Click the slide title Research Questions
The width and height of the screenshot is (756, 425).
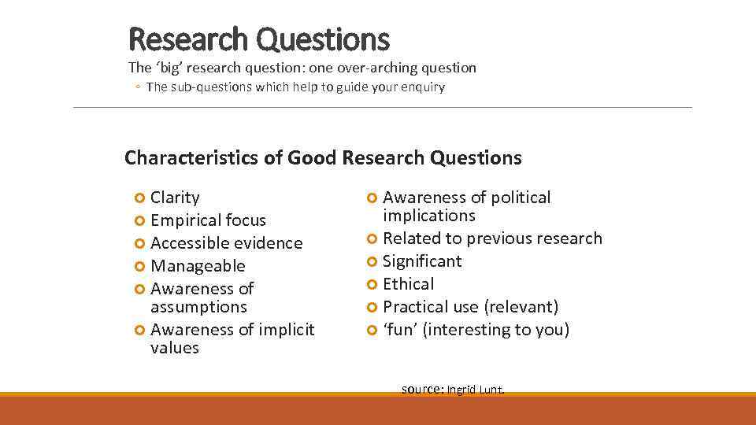tap(258, 39)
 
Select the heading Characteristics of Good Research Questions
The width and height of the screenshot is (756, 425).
tap(323, 158)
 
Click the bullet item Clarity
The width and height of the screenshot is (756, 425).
tap(175, 198)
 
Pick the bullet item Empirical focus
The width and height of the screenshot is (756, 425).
tap(208, 220)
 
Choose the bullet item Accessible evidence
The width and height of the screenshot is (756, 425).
tap(226, 243)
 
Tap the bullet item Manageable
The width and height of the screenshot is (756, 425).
tap(198, 266)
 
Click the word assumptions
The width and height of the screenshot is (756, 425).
tap(198, 307)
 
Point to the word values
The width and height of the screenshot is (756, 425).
tap(175, 348)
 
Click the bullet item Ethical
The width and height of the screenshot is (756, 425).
tap(408, 284)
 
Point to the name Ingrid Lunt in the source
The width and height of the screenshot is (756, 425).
tap(476, 390)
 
